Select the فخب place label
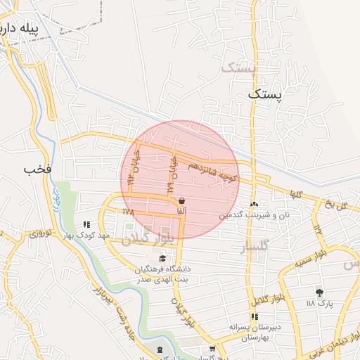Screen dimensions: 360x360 [x=38, y=169]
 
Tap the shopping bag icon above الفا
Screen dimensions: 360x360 [x=181, y=200]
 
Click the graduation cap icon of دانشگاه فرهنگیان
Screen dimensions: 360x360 [x=163, y=259]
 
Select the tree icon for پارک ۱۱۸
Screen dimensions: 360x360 [x=320, y=292]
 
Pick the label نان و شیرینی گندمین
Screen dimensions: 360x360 [x=254, y=214]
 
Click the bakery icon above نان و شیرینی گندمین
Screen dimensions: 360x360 [x=255, y=204]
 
